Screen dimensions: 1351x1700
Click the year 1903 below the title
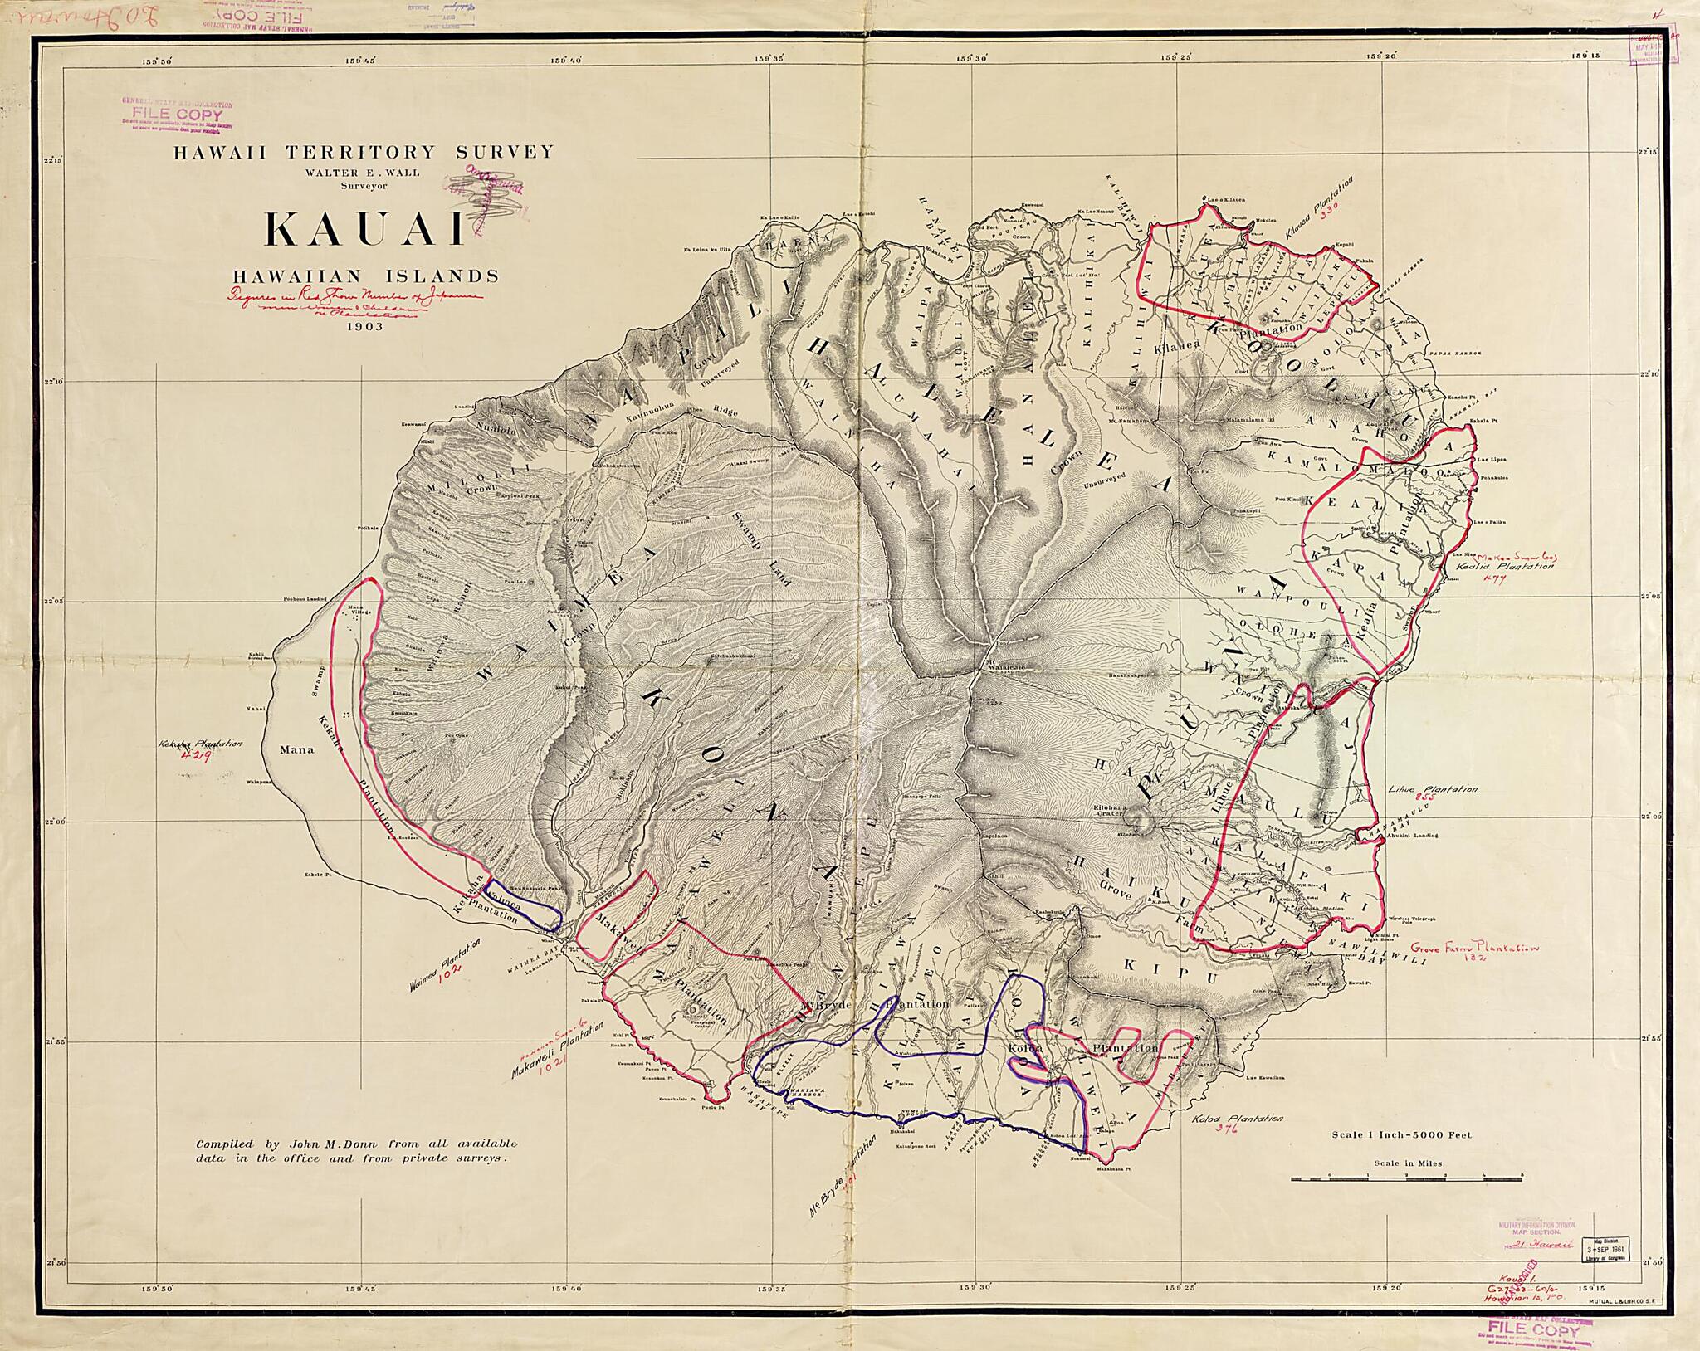[365, 327]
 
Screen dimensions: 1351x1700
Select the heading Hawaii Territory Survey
[363, 152]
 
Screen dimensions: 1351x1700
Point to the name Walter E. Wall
[364, 173]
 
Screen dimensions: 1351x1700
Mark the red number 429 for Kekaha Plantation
[199, 758]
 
